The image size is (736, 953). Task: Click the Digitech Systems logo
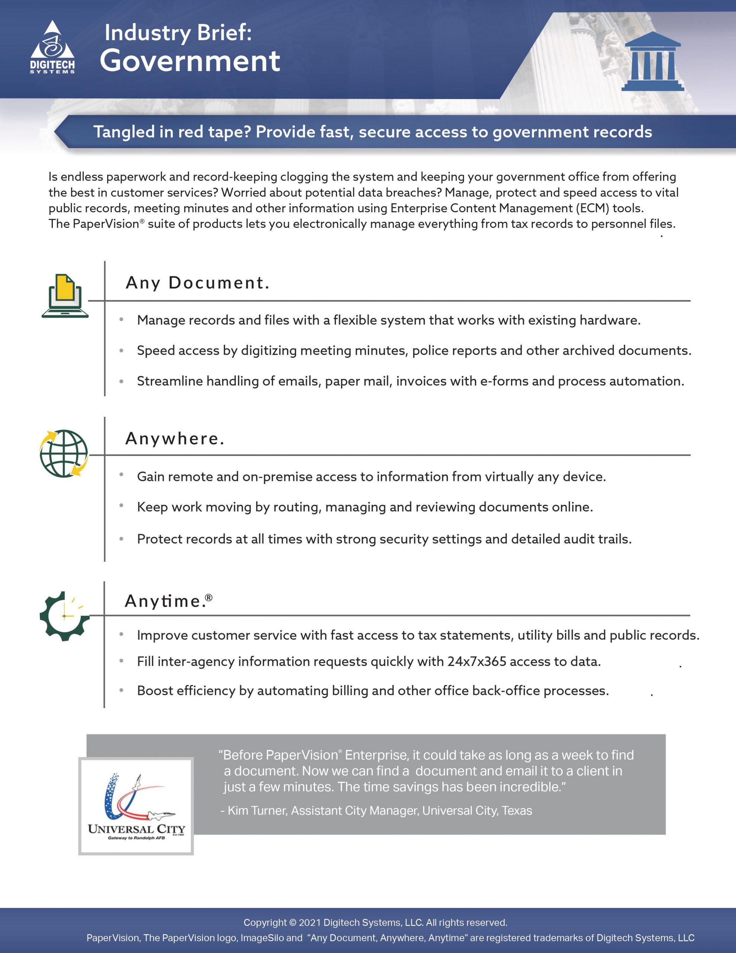pos(52,47)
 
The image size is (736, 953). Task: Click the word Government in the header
pos(190,61)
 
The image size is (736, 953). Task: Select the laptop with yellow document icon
pos(65,296)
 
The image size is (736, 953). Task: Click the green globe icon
pos(64,453)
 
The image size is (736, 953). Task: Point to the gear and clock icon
pos(64,616)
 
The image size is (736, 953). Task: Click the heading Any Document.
pos(197,283)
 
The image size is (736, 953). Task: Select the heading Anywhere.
pos(175,439)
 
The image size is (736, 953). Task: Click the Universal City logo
pos(136,806)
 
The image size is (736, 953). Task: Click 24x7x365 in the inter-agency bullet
pos(476,662)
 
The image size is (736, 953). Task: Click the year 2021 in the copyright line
pos(310,922)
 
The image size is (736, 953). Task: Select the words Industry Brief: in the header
pos(178,33)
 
